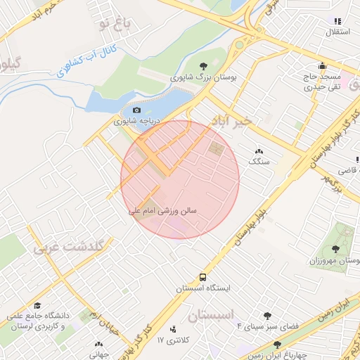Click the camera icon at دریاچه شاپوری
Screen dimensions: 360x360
[x=136, y=110]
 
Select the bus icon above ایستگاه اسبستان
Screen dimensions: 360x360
[x=202, y=276]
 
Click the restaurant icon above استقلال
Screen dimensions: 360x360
[x=337, y=22]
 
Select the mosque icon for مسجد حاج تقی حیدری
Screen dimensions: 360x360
[x=323, y=65]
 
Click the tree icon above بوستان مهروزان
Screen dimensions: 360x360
[x=335, y=249]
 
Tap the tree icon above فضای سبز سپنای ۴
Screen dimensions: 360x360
[x=267, y=316]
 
